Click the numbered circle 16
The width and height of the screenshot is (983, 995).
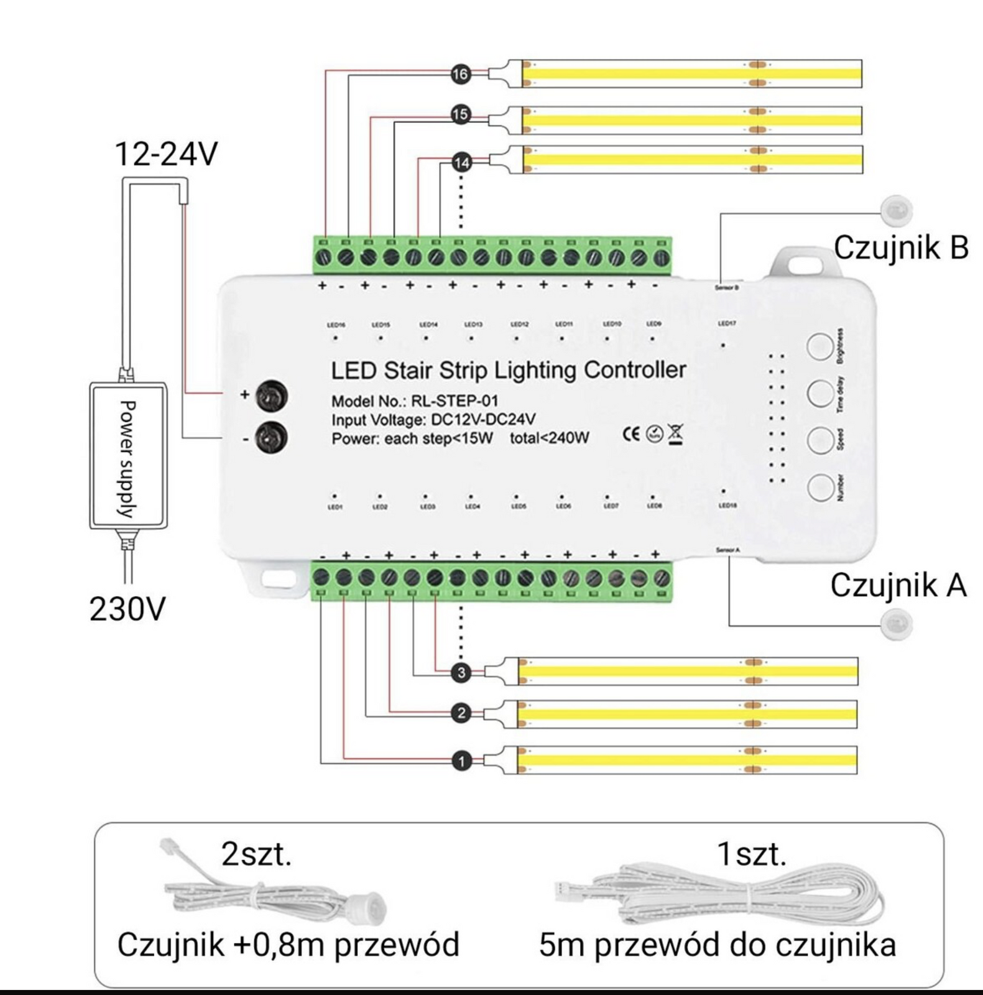[460, 75]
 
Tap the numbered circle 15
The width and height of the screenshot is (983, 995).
[460, 115]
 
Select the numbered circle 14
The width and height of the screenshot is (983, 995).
[461, 163]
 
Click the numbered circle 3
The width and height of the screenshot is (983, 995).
[461, 673]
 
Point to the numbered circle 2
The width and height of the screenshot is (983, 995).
[461, 713]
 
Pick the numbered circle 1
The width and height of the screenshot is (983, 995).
[461, 761]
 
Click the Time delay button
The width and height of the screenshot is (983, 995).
[820, 393]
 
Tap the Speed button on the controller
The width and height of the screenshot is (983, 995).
[820, 440]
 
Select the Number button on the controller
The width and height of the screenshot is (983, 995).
[820, 488]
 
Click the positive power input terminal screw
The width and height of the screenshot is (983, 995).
[272, 395]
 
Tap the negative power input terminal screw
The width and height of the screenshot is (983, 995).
[272, 437]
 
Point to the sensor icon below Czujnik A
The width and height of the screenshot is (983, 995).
[896, 623]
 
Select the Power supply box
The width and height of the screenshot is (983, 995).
[128, 456]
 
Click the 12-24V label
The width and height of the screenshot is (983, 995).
[167, 154]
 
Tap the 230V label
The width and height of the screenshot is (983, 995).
[127, 609]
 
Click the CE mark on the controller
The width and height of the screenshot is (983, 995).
[630, 433]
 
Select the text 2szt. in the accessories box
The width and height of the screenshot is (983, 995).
[256, 854]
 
